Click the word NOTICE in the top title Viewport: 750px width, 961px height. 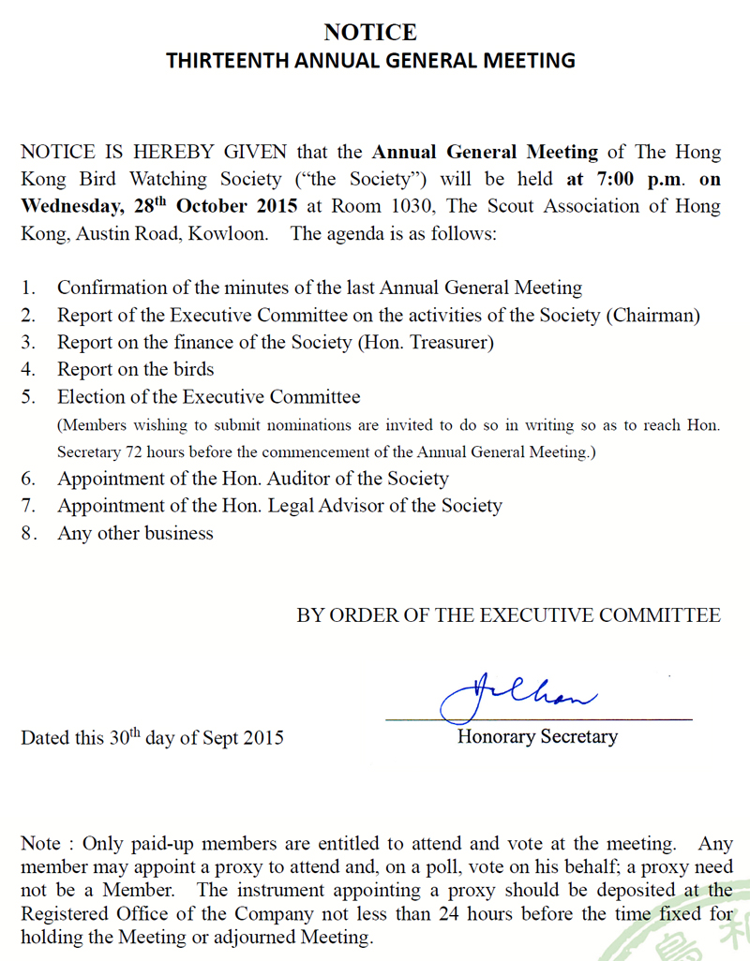(370, 33)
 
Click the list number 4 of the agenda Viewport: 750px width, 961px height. (29, 369)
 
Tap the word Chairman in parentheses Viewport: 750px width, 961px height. (653, 316)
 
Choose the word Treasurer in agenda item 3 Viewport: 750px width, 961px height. (450, 343)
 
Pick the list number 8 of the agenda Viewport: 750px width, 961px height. (29, 533)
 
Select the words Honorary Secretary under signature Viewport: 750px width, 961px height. (537, 736)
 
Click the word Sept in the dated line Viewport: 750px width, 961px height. (220, 738)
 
